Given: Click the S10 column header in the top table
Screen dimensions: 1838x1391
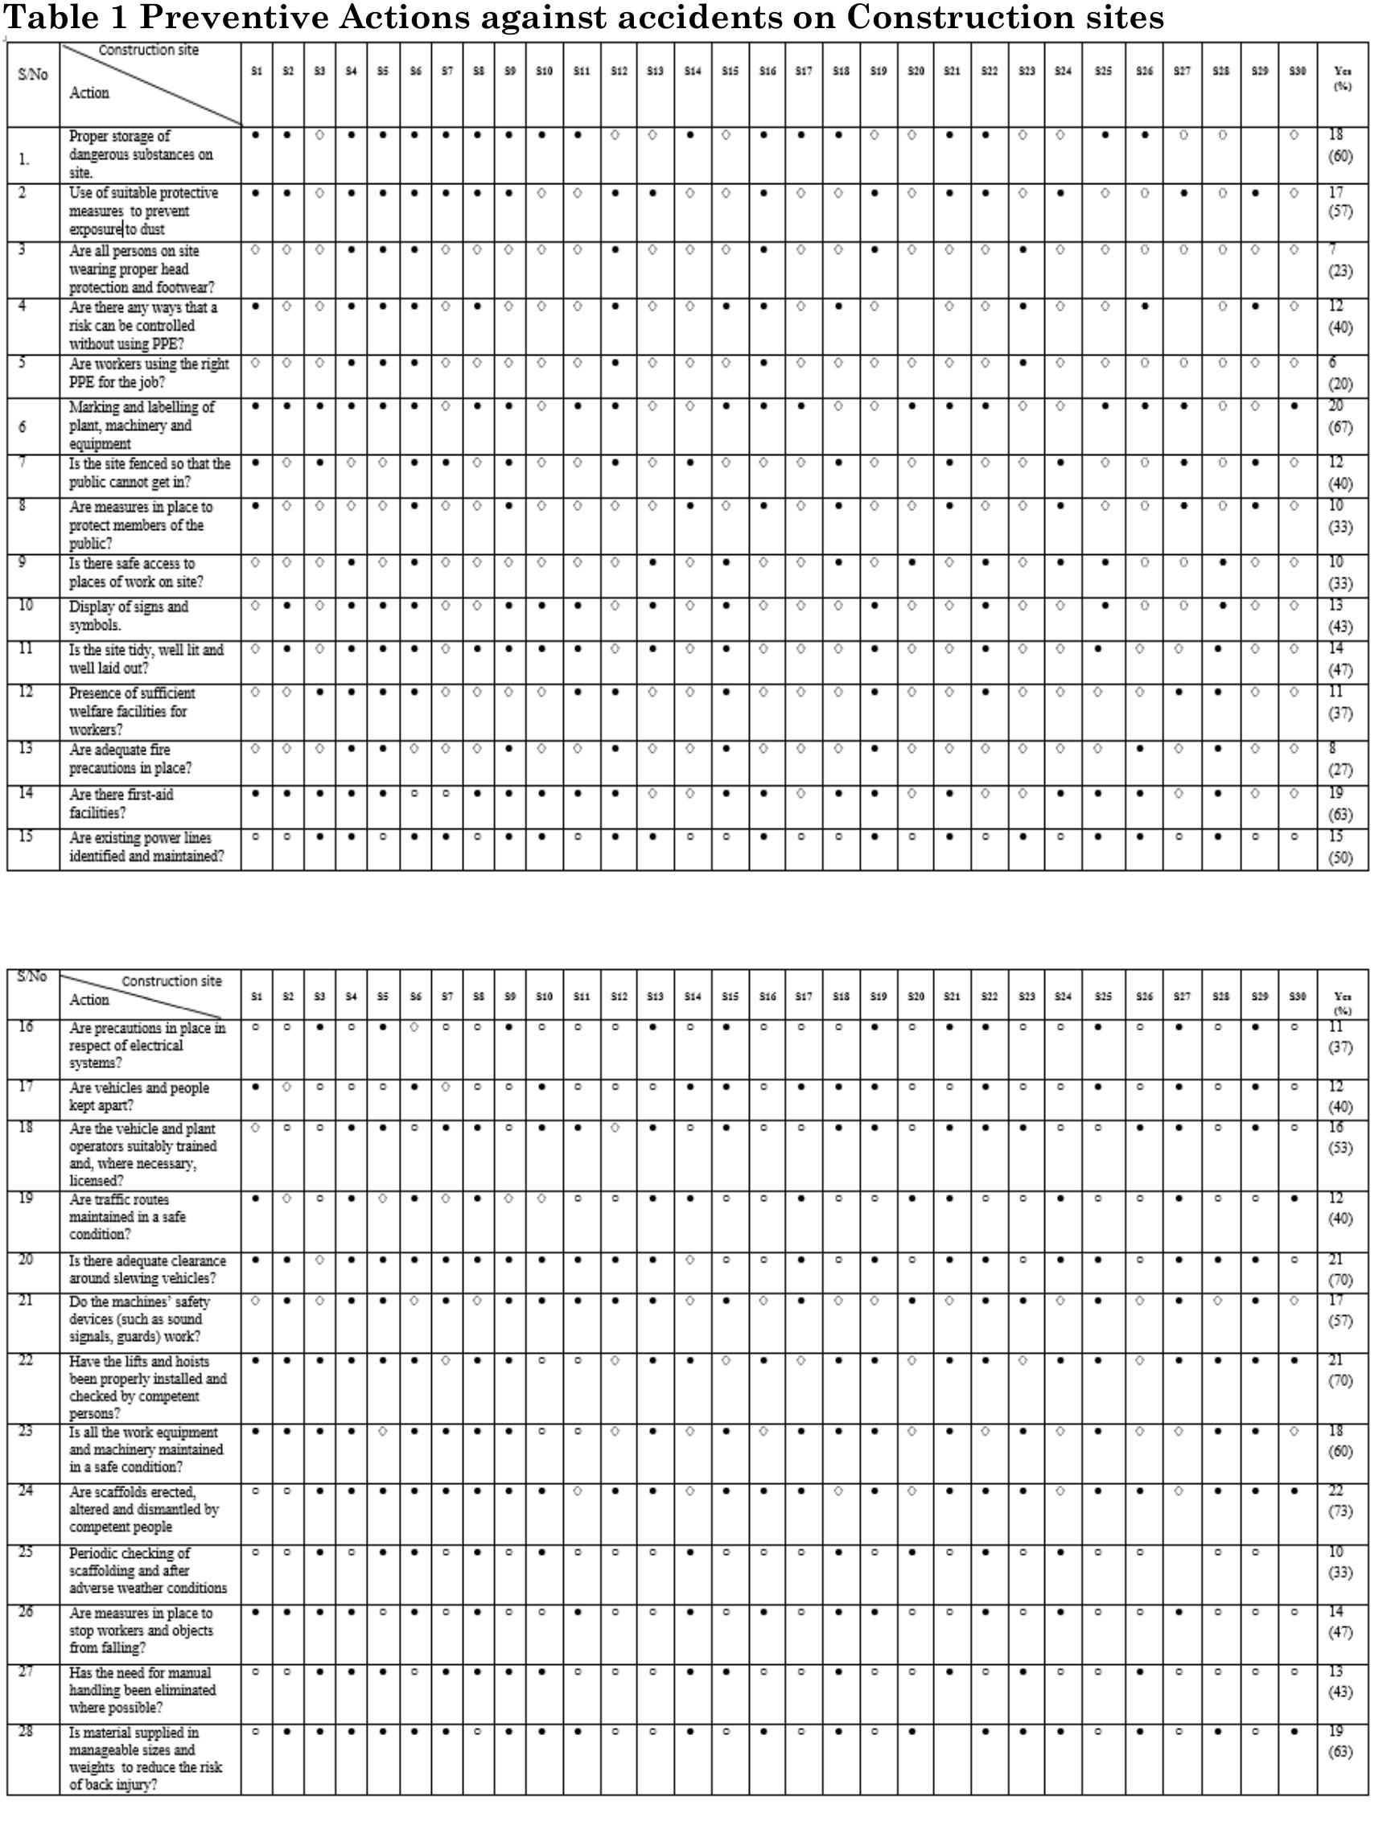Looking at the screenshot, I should pyautogui.click(x=543, y=72).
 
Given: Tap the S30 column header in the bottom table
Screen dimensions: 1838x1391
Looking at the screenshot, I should pyautogui.click(x=1297, y=997).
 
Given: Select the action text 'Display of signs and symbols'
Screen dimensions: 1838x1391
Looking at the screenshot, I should pyautogui.click(x=129, y=615).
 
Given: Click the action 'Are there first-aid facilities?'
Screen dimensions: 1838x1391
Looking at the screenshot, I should pyautogui.click(x=121, y=804).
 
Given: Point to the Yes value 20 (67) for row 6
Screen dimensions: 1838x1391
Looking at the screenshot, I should pyautogui.click(x=1339, y=417).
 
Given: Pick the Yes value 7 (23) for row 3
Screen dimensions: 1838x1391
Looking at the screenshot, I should pyautogui.click(x=1339, y=261).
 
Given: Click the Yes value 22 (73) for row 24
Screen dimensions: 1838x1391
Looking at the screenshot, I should pyautogui.click(x=1339, y=1501).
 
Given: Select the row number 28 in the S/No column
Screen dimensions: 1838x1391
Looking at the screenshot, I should pyautogui.click(x=26, y=1732).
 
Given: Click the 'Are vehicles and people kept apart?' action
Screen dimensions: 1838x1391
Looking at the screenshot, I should pyautogui.click(x=138, y=1097).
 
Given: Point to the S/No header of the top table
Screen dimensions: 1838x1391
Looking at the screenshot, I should pyautogui.click(x=32, y=75).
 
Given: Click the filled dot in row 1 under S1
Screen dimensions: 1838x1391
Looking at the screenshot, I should pyautogui.click(x=256, y=134).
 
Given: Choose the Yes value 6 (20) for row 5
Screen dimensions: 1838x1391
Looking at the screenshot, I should pyautogui.click(x=1339, y=374).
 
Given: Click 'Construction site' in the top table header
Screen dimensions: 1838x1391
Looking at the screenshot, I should pyautogui.click(x=149, y=50).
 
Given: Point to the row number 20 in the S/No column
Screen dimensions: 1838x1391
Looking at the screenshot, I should pyautogui.click(x=26, y=1260).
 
